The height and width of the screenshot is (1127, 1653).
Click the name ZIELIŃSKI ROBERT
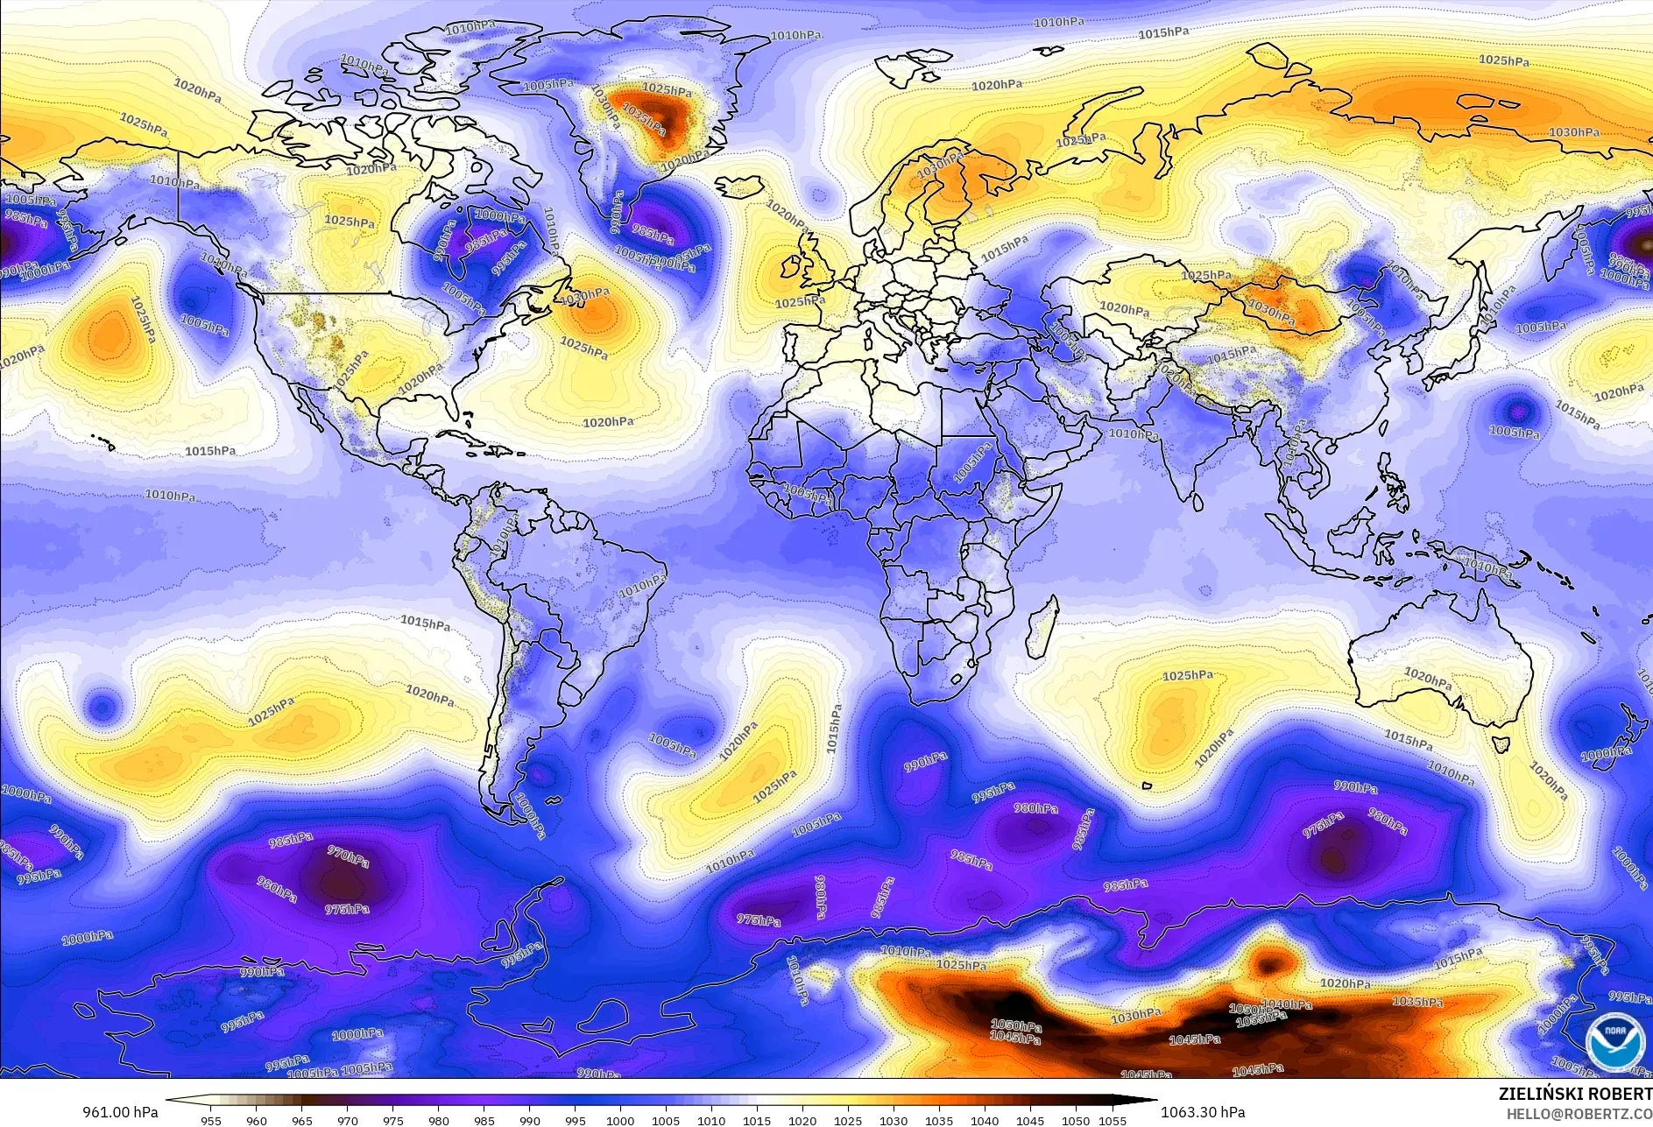1575,1094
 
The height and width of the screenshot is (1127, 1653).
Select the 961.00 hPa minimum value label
121,1112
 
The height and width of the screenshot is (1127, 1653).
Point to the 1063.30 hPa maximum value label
1202,1112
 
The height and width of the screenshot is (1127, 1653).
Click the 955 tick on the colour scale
211,1121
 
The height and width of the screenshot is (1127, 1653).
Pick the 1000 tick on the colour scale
620,1121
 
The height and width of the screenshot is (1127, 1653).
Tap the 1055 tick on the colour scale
1112,1121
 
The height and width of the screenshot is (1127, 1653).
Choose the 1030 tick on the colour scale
894,1121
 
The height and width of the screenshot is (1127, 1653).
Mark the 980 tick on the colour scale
439,1121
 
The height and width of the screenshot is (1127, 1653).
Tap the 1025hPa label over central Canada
350,221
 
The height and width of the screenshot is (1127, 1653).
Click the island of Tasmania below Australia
1501,745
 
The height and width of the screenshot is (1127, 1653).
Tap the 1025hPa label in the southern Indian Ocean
1188,676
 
